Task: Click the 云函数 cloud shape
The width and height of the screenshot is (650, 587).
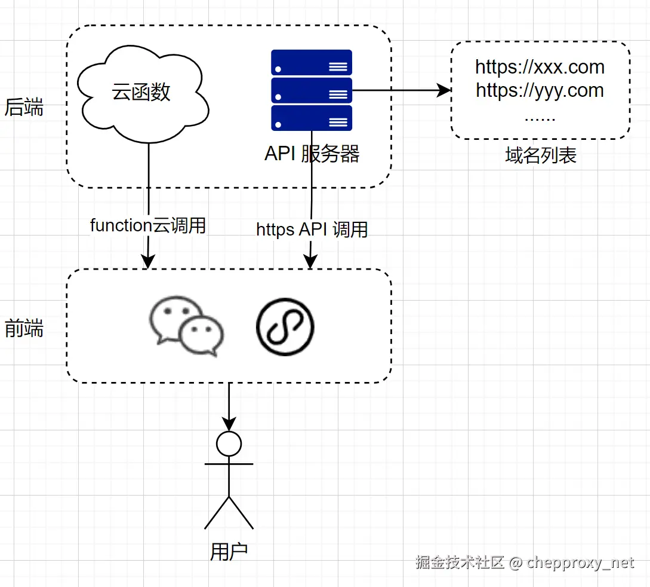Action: point(143,94)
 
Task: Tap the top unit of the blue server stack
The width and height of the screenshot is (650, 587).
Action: point(312,63)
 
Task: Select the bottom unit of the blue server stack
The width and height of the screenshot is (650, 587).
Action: point(312,118)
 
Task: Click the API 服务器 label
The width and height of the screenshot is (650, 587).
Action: point(312,154)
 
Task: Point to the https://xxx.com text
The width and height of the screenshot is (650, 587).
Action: point(540,68)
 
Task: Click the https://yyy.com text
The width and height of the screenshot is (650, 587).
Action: point(540,90)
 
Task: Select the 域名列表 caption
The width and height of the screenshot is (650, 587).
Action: point(541,155)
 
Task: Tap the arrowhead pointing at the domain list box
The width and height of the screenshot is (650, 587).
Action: point(445,90)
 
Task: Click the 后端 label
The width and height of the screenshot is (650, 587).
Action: point(24,107)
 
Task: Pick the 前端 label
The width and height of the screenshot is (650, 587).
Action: point(24,328)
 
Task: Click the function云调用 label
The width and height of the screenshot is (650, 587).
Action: point(148,225)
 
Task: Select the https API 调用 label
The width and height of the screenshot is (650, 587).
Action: point(312,230)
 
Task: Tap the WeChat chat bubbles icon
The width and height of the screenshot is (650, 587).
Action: point(187,326)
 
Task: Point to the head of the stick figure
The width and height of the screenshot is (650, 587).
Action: point(229,444)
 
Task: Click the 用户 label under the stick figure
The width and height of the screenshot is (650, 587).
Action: point(229,552)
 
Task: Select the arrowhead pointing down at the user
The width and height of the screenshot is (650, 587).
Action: point(229,424)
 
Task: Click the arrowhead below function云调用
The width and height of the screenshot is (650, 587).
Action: point(148,262)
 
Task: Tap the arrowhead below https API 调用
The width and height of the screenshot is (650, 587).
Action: point(310,262)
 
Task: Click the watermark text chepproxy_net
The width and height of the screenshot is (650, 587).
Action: point(580,563)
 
